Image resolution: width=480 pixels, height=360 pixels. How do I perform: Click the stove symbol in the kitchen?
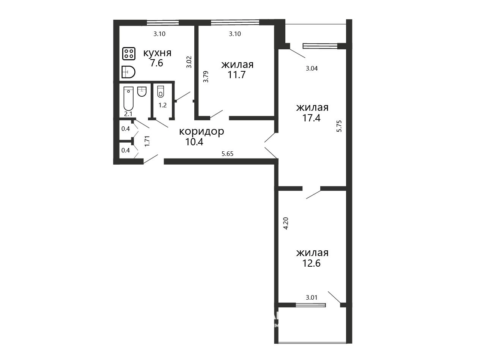[x=129, y=53]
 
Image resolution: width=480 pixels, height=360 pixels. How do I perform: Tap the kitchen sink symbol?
[x=128, y=72]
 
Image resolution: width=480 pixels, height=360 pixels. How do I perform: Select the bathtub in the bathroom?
[x=128, y=99]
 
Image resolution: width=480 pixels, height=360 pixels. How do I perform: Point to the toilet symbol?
[x=161, y=91]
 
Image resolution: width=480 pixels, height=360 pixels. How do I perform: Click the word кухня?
[x=157, y=53]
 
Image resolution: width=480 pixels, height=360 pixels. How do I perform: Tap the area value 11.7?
[x=237, y=75]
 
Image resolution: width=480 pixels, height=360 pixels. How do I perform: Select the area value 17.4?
[x=312, y=118]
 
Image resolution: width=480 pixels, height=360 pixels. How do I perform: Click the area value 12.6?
[x=312, y=263]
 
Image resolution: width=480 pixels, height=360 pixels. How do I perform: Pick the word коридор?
[x=201, y=132]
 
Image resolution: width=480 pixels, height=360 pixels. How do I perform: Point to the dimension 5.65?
[x=227, y=154]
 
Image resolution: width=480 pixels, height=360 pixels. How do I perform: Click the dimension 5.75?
[x=339, y=126]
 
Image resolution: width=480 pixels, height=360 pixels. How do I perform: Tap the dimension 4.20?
[x=286, y=223]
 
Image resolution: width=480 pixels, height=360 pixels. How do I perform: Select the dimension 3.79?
[x=206, y=77]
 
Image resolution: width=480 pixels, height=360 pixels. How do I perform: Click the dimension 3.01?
[x=312, y=297]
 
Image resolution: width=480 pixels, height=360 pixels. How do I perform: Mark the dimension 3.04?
[x=312, y=69]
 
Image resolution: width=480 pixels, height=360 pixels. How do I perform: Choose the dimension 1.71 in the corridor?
[x=147, y=141]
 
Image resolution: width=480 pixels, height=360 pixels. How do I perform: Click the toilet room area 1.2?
[x=162, y=105]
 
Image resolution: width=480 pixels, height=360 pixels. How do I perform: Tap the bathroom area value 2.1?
[x=128, y=114]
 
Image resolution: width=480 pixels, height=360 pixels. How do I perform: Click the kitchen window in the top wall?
[x=163, y=22]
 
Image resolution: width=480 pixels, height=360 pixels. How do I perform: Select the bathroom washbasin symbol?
[x=142, y=91]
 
